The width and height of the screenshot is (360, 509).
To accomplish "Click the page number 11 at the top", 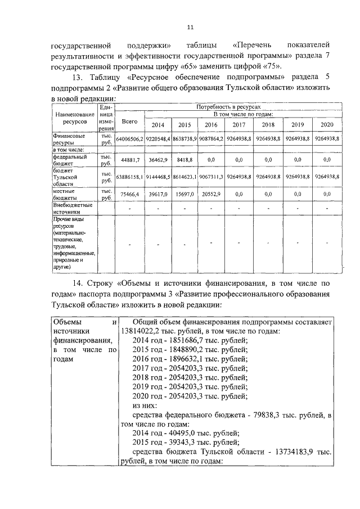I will [190, 27].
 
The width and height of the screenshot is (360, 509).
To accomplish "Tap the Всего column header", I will [129, 121].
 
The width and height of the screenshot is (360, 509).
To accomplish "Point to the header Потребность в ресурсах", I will [228, 106].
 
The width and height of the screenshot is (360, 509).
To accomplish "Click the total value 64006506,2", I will [129, 138].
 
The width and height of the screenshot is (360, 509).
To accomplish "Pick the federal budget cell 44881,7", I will [129, 160].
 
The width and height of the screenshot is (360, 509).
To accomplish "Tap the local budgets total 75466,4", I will [129, 193].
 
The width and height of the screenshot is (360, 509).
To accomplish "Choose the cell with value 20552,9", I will [212, 193].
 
